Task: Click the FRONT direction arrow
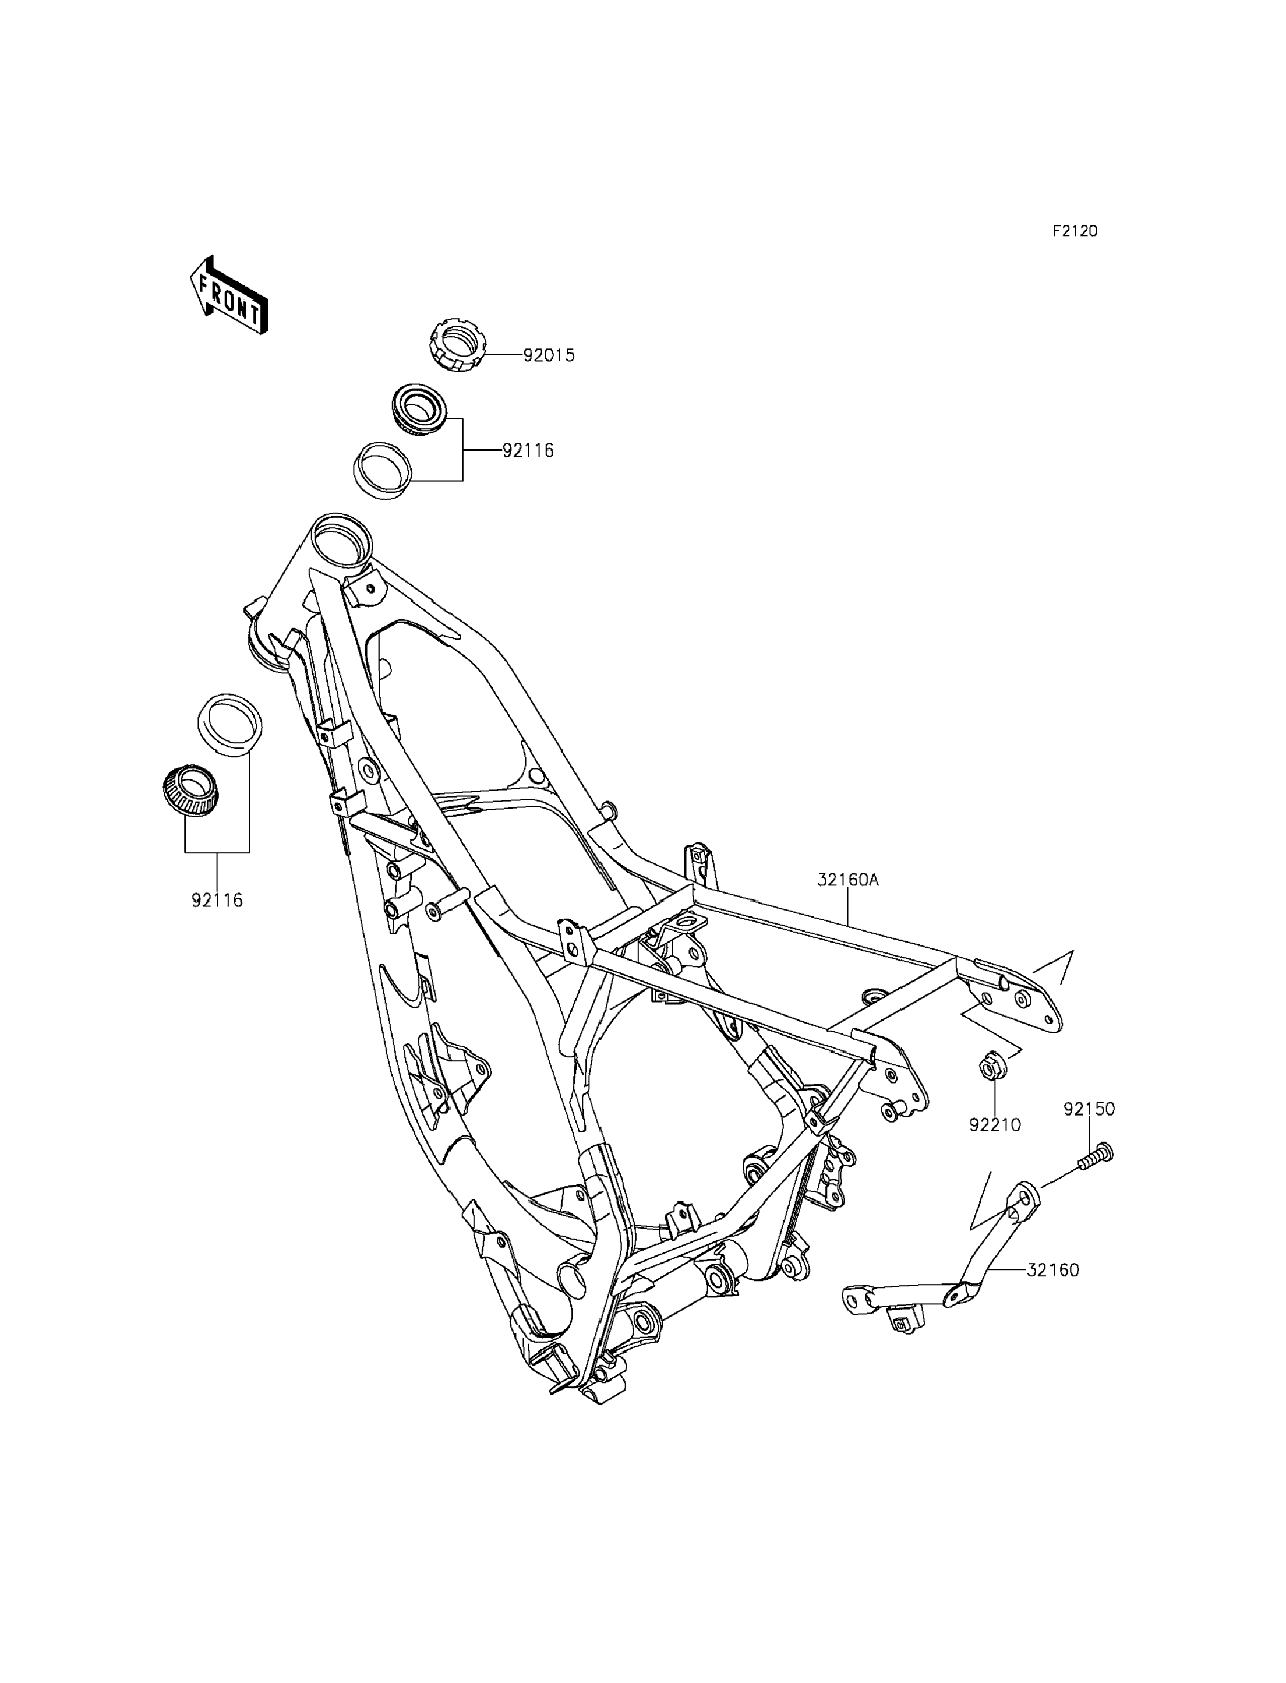coord(229,295)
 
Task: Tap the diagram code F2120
coord(1074,231)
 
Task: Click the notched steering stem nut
coord(458,347)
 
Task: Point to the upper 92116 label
coord(528,451)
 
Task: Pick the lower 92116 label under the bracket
coord(217,901)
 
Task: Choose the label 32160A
coord(847,881)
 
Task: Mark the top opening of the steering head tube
coord(343,541)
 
